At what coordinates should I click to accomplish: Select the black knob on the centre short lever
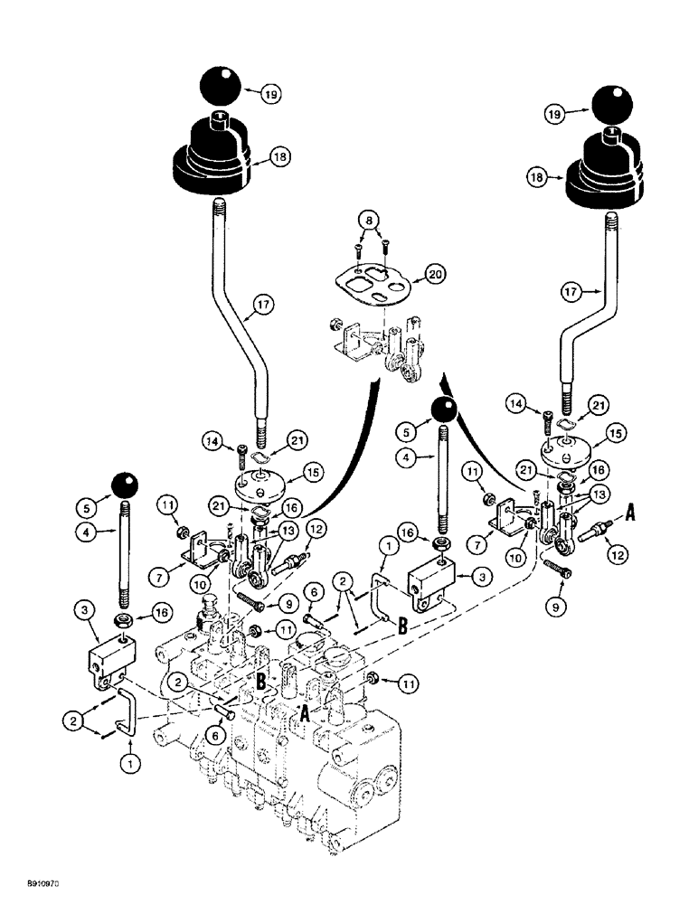coord(443,410)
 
